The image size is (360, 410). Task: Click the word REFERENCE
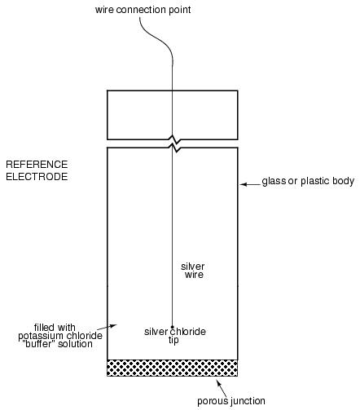click(x=37, y=165)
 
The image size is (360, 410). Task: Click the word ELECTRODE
click(x=37, y=177)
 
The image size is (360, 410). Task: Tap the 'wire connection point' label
click(x=143, y=10)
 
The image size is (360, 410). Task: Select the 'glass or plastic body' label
click(x=308, y=181)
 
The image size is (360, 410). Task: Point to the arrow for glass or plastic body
click(x=250, y=184)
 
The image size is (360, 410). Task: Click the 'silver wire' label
click(x=193, y=271)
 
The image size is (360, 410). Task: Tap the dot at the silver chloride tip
click(x=172, y=327)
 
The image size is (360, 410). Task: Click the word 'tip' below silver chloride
click(x=173, y=340)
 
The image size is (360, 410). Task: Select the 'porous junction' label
click(x=231, y=401)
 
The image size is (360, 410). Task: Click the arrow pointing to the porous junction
click(x=222, y=388)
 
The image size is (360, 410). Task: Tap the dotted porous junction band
click(x=173, y=368)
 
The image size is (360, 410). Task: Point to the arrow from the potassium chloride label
click(x=107, y=327)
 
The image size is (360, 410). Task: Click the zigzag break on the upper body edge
click(x=175, y=139)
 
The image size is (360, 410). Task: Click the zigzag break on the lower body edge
click(x=175, y=148)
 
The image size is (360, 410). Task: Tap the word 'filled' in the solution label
click(x=44, y=328)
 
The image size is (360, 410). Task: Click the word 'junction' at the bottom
click(x=248, y=401)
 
